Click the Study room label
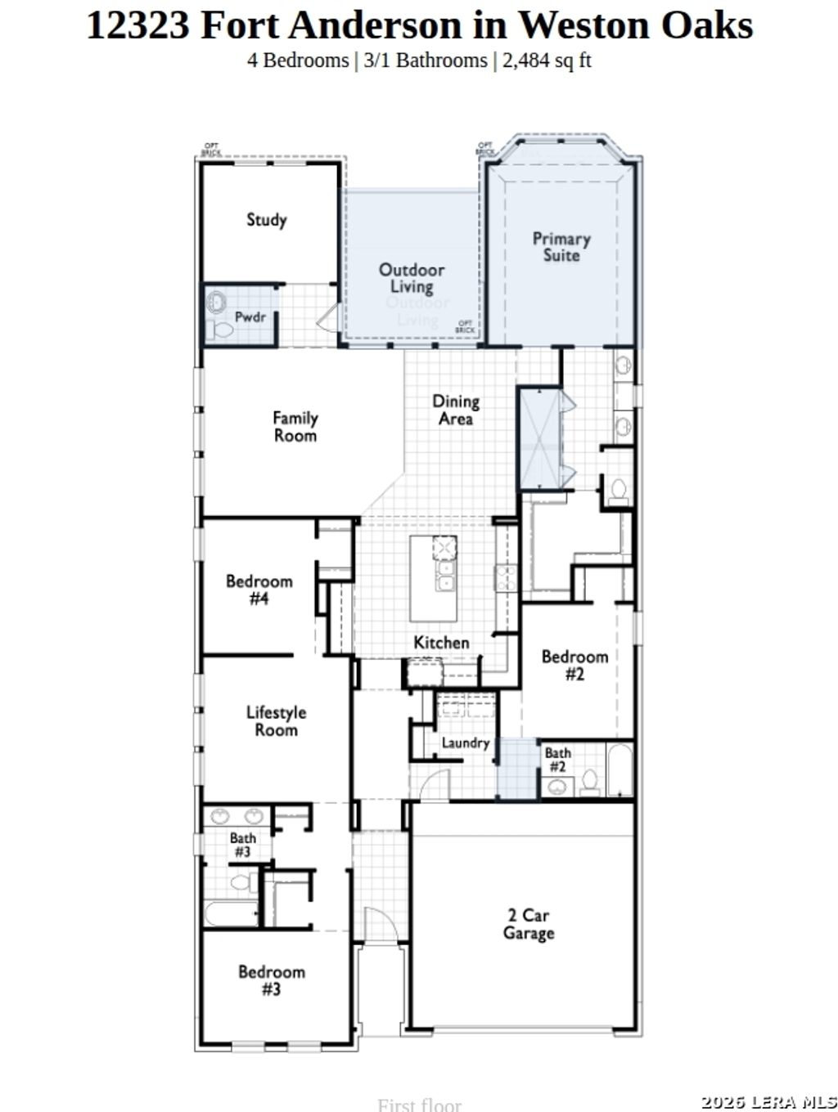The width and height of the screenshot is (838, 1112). coord(267,219)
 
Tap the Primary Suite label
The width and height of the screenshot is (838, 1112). coord(561,247)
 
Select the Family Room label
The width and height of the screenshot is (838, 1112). coord(295,427)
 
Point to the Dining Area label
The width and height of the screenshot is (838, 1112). coord(456,410)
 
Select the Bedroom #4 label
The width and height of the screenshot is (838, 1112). coord(259,590)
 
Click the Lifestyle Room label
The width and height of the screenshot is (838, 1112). coord(276,721)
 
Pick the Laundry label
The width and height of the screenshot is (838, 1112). coord(465,742)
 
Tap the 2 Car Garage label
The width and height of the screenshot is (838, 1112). coord(528,925)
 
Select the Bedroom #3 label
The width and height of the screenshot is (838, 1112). coord(271,980)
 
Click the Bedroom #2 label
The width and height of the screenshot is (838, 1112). coord(574,665)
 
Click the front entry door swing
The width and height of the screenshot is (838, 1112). coord(378,924)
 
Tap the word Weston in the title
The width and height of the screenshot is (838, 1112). coord(583,25)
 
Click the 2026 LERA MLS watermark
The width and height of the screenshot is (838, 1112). coord(769,1102)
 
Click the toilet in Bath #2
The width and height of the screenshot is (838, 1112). coord(589,782)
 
